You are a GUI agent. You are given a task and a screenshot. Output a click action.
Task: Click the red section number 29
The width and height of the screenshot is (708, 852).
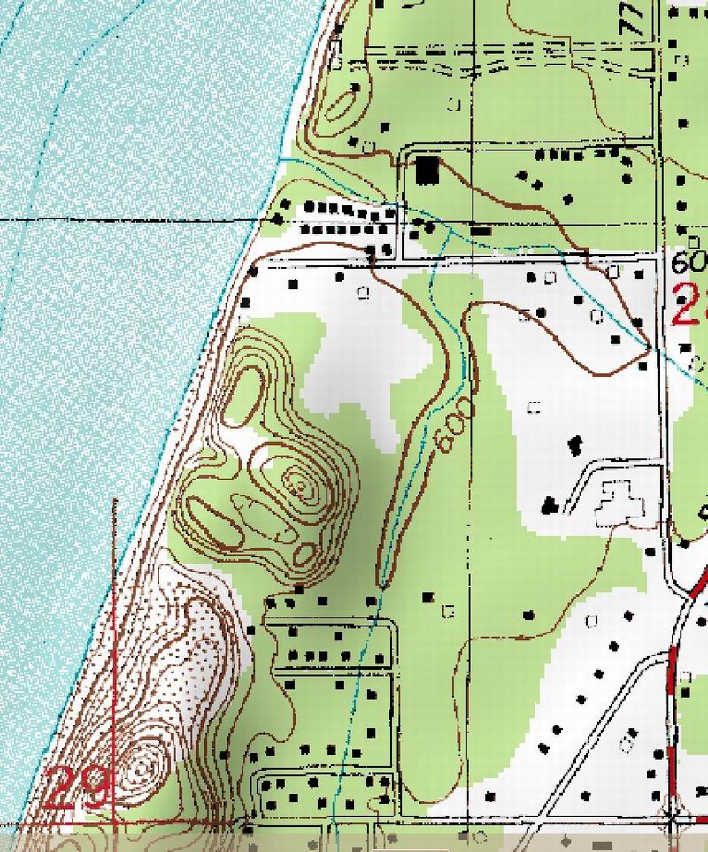(79, 787)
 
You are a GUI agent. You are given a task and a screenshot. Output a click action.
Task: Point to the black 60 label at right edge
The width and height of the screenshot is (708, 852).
(688, 263)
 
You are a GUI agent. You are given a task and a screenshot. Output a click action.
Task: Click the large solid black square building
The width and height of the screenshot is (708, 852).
(428, 169)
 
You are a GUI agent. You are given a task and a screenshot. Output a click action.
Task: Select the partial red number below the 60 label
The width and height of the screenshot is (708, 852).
(689, 305)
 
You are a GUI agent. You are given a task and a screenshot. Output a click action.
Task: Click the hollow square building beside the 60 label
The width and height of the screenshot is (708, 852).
(616, 269)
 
